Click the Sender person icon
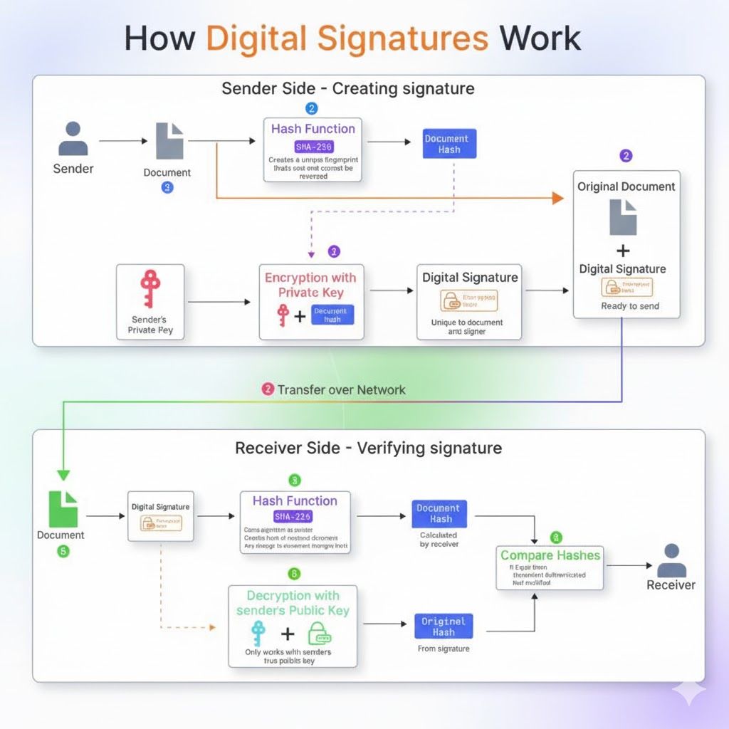[73, 139]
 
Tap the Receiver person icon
[671, 560]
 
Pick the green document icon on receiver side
[63, 508]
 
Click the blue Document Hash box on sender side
[446, 145]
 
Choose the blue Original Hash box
[443, 626]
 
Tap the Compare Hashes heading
[550, 555]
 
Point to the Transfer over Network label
[341, 389]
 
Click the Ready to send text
[629, 306]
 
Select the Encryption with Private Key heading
[310, 285]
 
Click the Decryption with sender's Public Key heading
[293, 603]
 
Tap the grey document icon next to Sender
[169, 141]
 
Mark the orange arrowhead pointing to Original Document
[557, 198]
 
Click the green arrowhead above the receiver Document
[63, 475]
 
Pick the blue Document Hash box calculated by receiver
[439, 513]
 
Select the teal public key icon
[258, 633]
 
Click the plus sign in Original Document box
[623, 250]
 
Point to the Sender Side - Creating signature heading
[347, 89]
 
